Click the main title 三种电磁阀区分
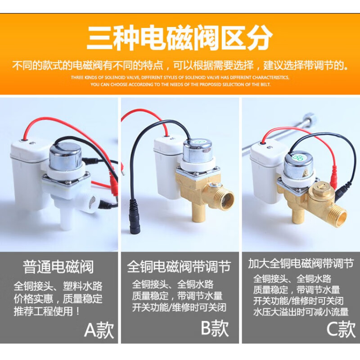(x=180, y=38)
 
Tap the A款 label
(x=99, y=330)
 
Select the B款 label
(x=215, y=328)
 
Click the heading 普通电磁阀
(x=58, y=267)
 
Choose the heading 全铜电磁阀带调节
(x=179, y=266)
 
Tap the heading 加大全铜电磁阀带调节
(x=301, y=264)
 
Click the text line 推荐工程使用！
(x=47, y=311)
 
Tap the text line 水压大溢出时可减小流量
(x=301, y=312)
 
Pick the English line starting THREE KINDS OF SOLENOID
(x=180, y=77)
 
